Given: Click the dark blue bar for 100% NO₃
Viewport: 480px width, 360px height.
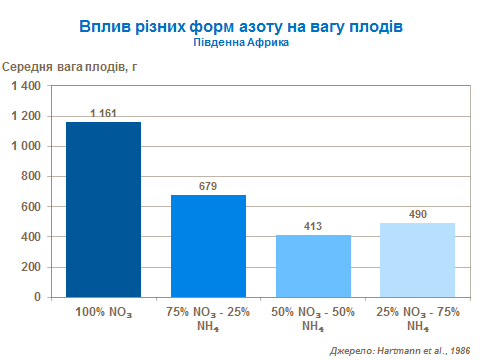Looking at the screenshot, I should click(x=103, y=209).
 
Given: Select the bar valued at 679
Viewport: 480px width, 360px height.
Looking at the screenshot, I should click(x=208, y=245).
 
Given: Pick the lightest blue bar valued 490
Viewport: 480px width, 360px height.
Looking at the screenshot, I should click(x=418, y=259).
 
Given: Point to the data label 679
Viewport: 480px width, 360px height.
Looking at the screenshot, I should click(x=208, y=187).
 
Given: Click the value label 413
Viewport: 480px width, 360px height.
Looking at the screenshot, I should click(x=313, y=227).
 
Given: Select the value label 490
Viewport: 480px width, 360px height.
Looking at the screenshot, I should click(x=418, y=215).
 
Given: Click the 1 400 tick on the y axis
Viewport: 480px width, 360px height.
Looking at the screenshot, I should click(x=25, y=87).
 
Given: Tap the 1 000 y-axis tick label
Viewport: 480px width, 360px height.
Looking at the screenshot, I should click(x=25, y=147).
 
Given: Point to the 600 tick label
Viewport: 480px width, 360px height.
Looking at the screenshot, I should click(x=31, y=207).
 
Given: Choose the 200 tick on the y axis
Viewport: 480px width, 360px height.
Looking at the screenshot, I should click(x=31, y=267).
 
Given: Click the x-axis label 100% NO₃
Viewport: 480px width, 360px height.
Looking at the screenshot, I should click(x=103, y=313).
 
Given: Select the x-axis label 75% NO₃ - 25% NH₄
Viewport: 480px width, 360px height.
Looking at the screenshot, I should click(x=208, y=319).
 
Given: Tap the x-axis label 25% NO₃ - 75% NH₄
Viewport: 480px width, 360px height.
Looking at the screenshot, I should click(x=418, y=319).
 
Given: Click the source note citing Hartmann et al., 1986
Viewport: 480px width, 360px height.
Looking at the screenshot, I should click(x=400, y=350).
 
